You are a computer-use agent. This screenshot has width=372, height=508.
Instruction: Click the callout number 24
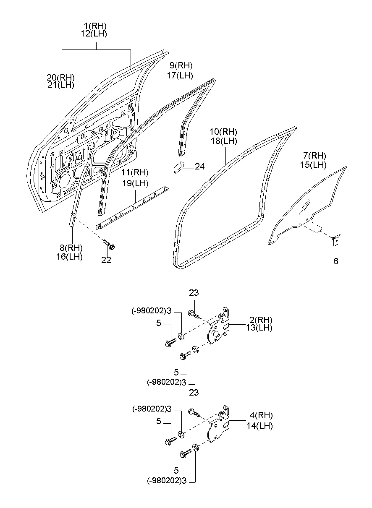pyautogui.click(x=199, y=167)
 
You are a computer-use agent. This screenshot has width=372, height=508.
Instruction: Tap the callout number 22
pyautogui.click(x=106, y=260)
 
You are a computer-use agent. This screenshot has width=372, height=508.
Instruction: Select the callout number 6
pyautogui.click(x=335, y=261)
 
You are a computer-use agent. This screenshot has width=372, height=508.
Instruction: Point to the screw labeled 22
pyautogui.click(x=109, y=243)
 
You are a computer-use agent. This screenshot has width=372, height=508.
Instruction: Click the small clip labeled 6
pyautogui.click(x=336, y=240)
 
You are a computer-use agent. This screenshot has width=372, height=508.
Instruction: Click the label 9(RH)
pyautogui.click(x=181, y=65)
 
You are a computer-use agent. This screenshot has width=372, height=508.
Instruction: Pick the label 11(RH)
pyautogui.click(x=135, y=173)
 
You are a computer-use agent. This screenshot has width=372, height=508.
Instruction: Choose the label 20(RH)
pyautogui.click(x=60, y=77)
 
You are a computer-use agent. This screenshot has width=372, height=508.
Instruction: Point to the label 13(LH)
pyautogui.click(x=259, y=328)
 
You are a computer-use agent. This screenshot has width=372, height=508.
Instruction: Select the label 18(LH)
pyautogui.click(x=223, y=141)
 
